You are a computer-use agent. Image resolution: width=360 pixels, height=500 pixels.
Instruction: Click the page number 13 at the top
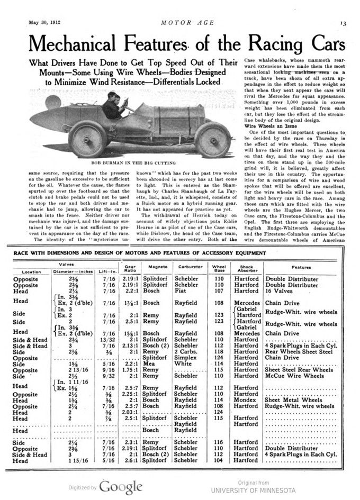[x=343, y=23]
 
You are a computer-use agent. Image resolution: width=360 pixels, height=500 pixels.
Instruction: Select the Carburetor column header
[x=190, y=267]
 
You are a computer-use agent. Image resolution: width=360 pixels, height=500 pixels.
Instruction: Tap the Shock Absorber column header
[x=247, y=268]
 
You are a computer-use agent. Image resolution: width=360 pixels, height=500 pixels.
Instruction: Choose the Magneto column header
[x=158, y=267]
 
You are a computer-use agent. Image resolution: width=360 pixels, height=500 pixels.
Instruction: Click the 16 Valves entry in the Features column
[x=281, y=291]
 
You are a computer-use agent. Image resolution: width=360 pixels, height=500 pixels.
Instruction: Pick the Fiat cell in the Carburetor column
[x=181, y=291]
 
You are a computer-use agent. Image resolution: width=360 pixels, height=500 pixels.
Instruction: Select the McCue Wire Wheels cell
[x=294, y=376]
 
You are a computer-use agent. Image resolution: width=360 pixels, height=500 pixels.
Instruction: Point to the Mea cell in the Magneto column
[x=148, y=364]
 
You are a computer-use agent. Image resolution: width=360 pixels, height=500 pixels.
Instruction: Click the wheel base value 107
[x=219, y=291]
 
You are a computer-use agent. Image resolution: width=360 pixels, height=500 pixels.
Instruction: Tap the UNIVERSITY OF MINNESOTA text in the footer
[x=253, y=490]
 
